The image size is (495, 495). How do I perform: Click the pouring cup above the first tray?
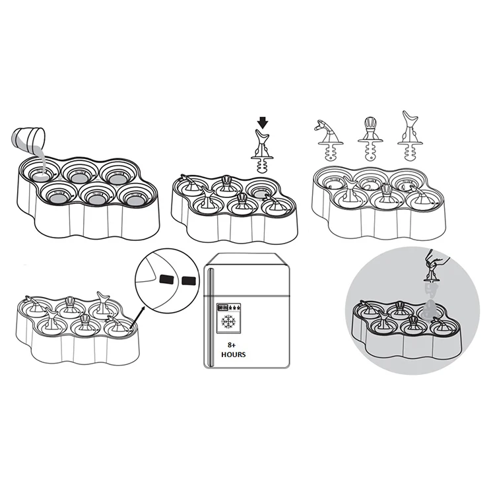point(28,139)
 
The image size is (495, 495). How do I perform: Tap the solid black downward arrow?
point(263,123)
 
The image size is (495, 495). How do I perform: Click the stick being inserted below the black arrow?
point(262,151)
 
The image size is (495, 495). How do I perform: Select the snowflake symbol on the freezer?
point(228,321)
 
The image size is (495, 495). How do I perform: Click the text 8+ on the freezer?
point(232,345)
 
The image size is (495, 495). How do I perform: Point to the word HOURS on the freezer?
point(233,354)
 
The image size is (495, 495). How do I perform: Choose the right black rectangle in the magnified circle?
point(189,280)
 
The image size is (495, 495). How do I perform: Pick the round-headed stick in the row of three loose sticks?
point(370,138)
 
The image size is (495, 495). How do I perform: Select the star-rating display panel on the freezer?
point(229,307)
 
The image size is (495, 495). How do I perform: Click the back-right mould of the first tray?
point(118,175)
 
